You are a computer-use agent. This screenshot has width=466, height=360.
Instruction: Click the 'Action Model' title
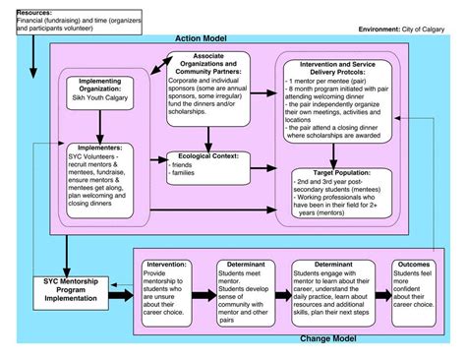coord(204,37)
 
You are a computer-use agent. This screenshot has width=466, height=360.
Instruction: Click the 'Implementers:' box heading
coord(92,148)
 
